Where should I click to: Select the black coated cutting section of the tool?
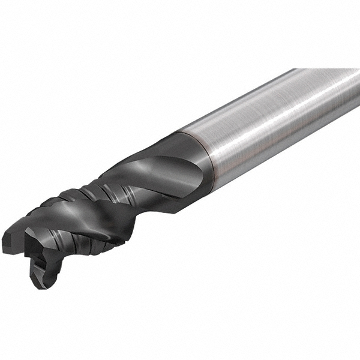tap(120, 198)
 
